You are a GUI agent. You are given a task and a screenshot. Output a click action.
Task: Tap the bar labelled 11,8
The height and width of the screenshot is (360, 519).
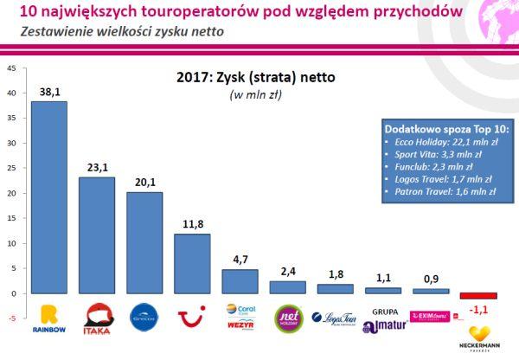pyautogui.click(x=192, y=264)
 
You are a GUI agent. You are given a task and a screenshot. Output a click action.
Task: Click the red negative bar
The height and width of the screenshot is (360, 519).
pyautogui.click(x=478, y=296)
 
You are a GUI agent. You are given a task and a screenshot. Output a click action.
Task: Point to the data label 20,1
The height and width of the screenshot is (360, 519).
pyautogui.click(x=144, y=183)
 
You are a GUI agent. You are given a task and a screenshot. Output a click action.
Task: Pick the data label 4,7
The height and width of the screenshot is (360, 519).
pyautogui.click(x=240, y=260)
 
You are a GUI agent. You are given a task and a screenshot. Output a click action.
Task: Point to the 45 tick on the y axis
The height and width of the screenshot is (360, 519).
pyautogui.click(x=10, y=67)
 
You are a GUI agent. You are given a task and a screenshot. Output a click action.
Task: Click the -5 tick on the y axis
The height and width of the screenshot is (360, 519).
pyautogui.click(x=10, y=318)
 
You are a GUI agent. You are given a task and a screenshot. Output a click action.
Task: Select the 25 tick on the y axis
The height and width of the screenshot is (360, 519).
pyautogui.click(x=10, y=168)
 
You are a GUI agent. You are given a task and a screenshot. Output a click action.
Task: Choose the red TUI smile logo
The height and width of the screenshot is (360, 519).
pyautogui.click(x=192, y=318)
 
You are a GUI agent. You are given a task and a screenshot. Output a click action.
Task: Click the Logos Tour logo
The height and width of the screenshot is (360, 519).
pyautogui.click(x=335, y=318)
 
